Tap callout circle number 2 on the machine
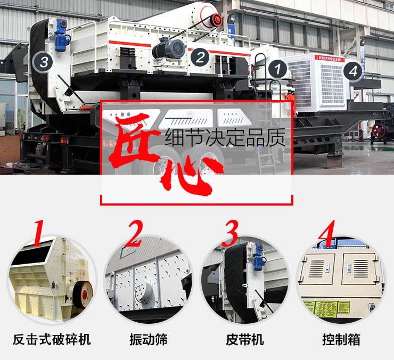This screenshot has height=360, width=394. [x=199, y=56]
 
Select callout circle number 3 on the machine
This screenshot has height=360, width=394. [x=44, y=62]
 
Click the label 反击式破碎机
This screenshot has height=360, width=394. [x=52, y=339]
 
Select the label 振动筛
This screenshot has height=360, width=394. [x=148, y=339]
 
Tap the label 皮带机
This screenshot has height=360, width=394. [x=245, y=339]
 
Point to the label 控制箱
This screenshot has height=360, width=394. [x=341, y=339]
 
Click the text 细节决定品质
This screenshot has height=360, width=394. [x=225, y=138]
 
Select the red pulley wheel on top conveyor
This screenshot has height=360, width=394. [x=216, y=20]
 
